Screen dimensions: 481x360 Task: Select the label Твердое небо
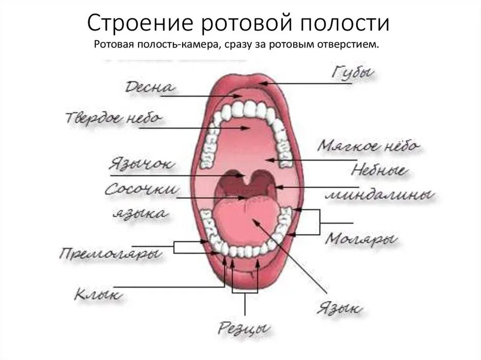[x=114, y=118]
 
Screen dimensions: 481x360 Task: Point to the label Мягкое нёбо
[x=368, y=146]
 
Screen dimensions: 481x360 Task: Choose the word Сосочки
[x=142, y=190]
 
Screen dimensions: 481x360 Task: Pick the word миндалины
[x=380, y=195]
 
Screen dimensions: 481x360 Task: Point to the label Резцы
[x=244, y=327]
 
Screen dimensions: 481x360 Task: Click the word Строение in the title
[x=138, y=23]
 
